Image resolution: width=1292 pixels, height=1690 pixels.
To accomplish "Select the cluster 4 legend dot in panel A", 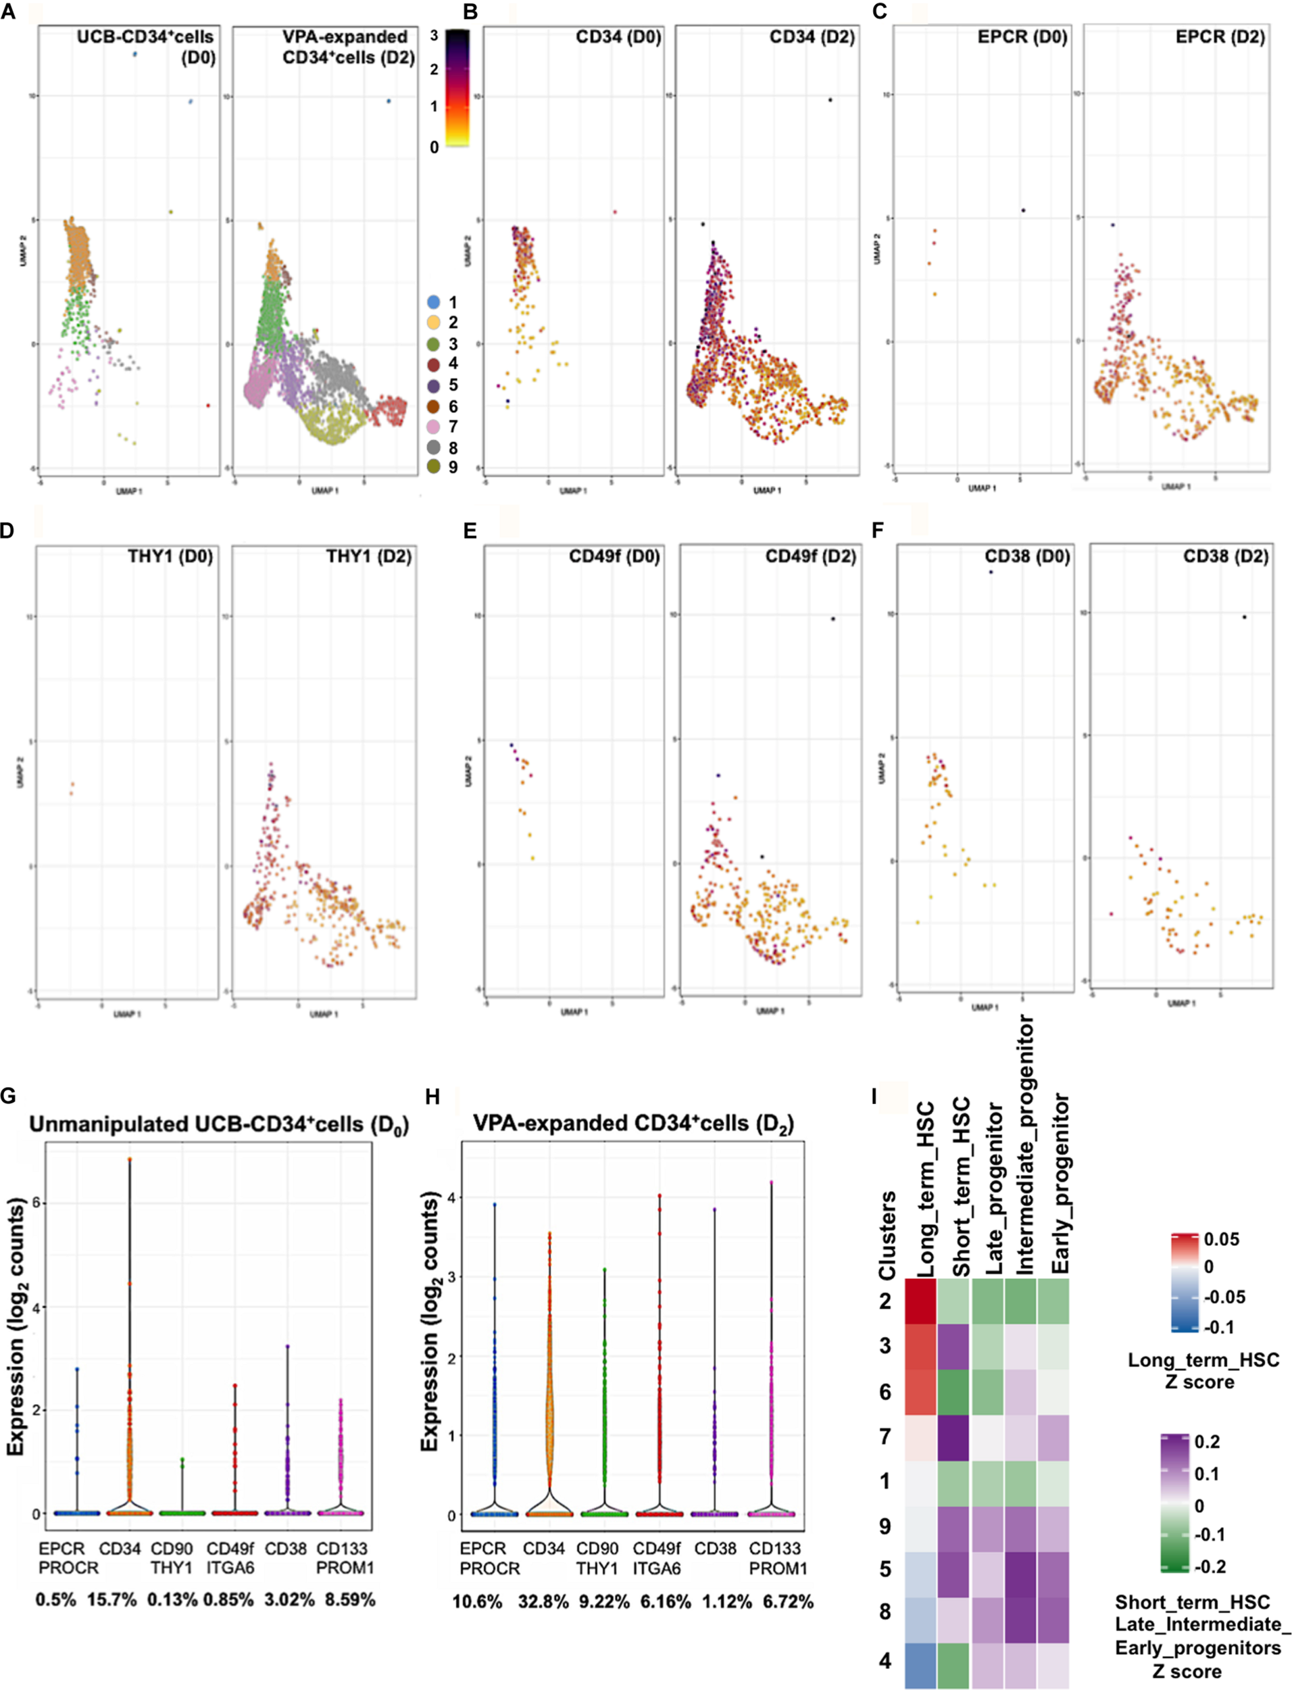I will (434, 364).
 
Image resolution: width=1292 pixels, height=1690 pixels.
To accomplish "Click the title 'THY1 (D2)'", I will (368, 556).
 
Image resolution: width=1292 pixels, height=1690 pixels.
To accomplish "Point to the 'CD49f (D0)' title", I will (614, 556).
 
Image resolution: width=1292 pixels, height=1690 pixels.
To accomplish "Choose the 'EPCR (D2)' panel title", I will (1220, 37).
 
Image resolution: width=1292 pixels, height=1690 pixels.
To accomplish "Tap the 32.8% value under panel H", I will (544, 1601).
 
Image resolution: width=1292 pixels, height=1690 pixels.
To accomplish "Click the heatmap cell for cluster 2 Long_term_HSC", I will (921, 1301).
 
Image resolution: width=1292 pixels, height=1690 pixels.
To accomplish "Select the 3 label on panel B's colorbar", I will (434, 35).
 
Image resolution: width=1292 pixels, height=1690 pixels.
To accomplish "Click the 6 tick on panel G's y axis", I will (35, 1203).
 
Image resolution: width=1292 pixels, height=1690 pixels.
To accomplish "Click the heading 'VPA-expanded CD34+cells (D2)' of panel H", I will (633, 1124).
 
